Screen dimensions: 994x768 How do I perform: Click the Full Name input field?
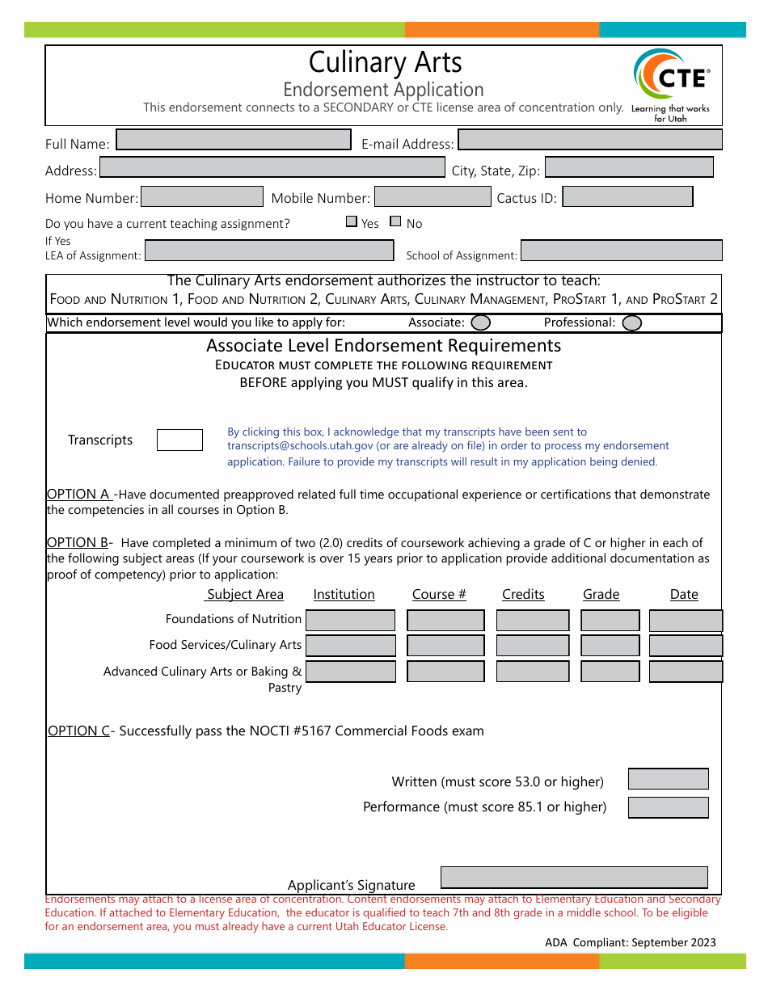tap(234, 140)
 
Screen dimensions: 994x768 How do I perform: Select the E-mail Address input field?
tap(589, 140)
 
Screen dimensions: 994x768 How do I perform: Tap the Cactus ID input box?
tap(627, 196)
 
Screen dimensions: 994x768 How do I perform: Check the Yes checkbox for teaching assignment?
tap(352, 221)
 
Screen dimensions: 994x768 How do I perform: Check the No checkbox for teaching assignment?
tap(395, 221)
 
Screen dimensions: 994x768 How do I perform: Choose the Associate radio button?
tap(480, 323)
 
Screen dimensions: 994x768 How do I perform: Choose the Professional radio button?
tap(632, 323)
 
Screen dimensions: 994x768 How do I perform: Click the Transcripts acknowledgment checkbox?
tap(179, 440)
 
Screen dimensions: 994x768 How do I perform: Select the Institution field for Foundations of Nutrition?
tap(350, 620)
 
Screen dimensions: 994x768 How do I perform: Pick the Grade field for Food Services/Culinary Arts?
tap(610, 646)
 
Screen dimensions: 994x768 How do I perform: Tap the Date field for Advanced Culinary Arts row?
tap(686, 672)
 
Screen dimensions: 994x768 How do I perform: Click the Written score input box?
tap(668, 779)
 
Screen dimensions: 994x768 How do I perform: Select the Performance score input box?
tap(668, 807)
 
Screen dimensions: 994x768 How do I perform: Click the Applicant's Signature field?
tap(574, 878)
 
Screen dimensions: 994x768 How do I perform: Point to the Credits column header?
tap(523, 595)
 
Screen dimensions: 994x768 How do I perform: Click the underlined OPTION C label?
tap(78, 731)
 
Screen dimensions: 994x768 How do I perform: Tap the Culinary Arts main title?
tap(385, 62)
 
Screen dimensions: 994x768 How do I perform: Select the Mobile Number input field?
tap(433, 196)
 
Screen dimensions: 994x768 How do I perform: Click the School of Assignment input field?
tap(621, 251)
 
